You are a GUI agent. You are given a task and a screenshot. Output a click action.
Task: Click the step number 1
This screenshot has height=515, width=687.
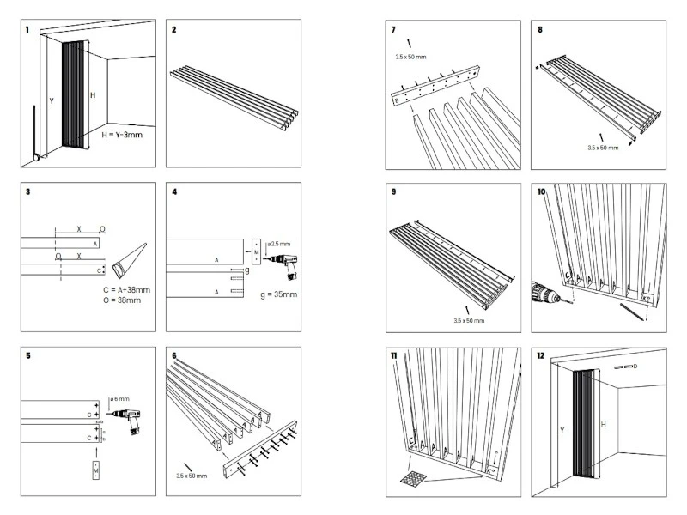pos(27,30)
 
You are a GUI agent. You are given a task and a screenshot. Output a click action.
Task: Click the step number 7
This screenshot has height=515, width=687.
pos(393,30)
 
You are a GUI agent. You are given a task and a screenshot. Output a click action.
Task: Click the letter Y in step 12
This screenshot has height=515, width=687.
pos(562,429)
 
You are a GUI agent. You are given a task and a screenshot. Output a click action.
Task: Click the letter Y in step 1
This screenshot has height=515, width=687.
pos(51,101)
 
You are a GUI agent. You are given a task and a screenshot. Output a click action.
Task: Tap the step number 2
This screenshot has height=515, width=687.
pos(174,30)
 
